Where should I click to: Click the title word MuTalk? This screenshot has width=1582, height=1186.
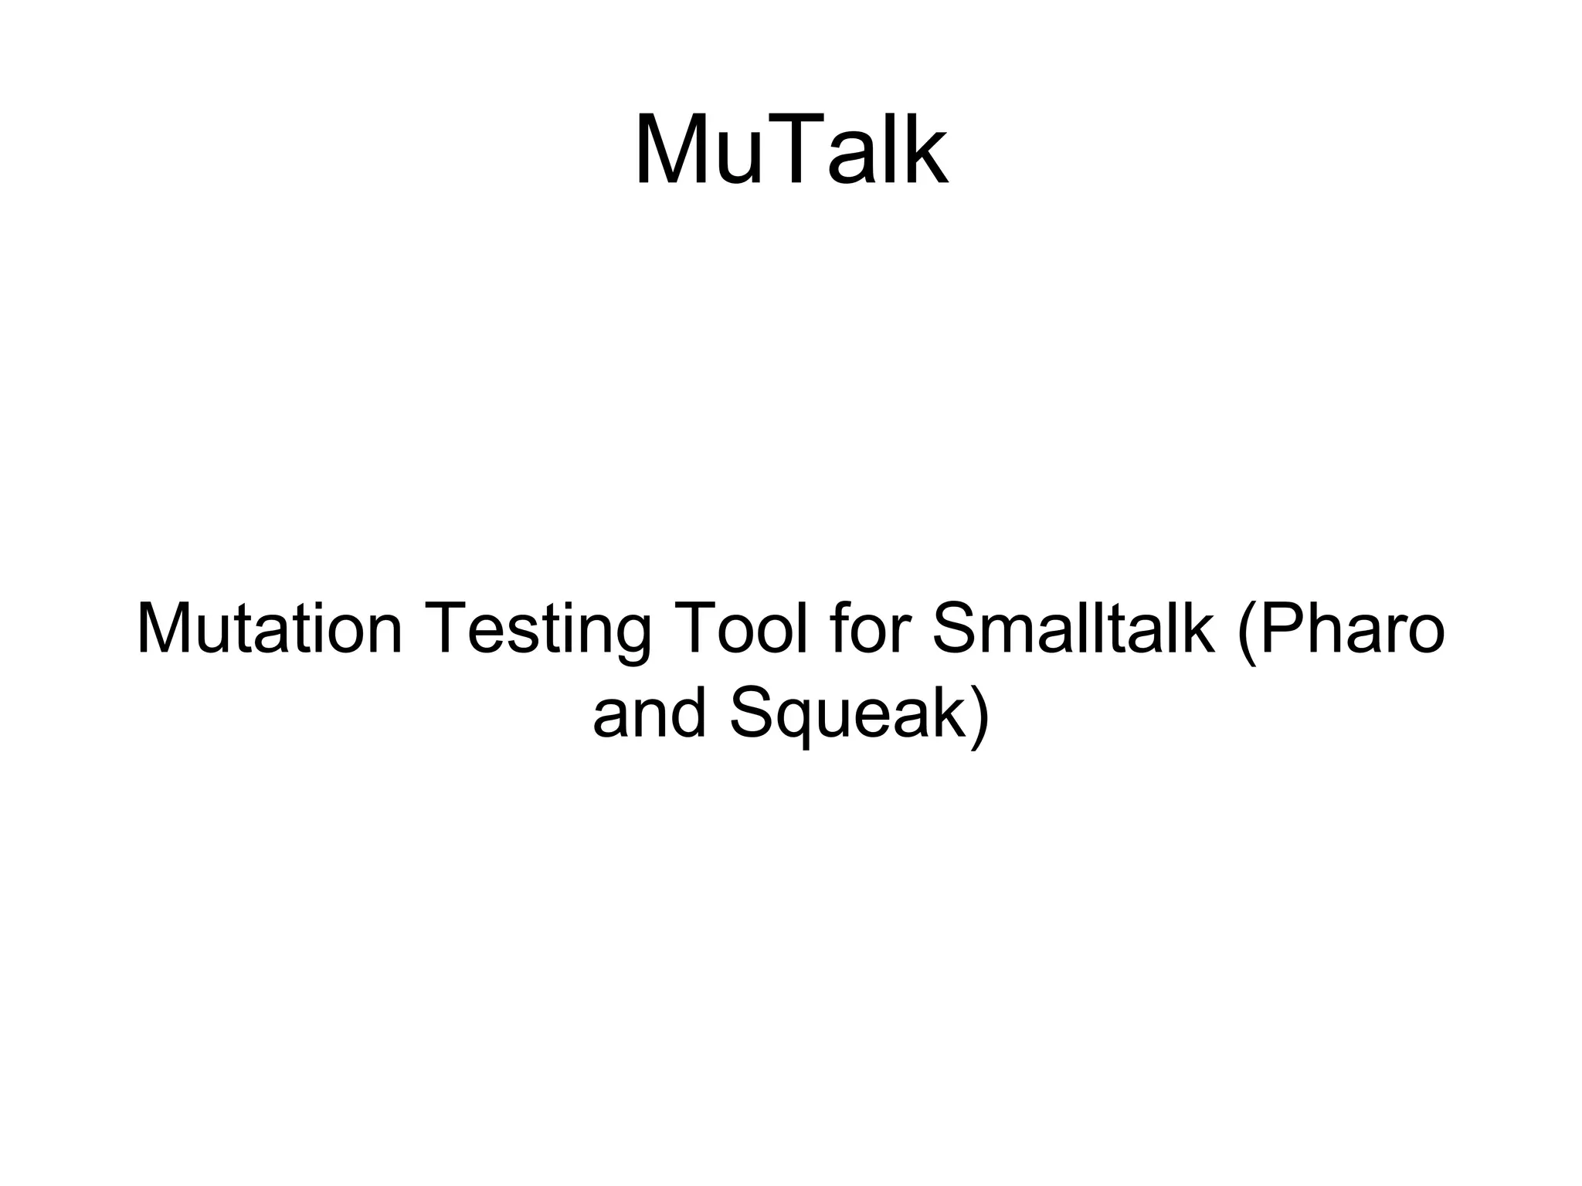[x=791, y=151]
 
